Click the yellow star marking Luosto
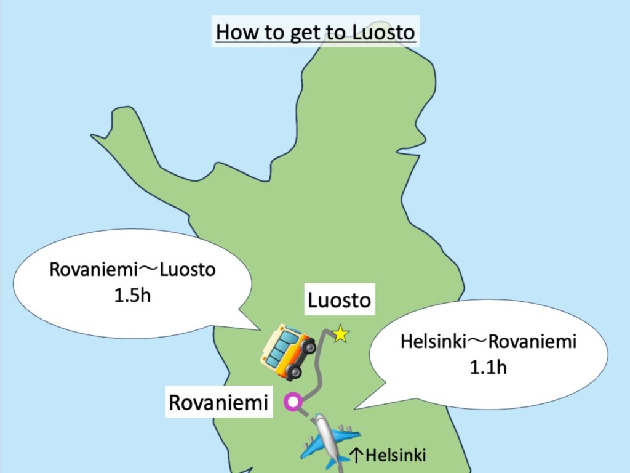click(x=340, y=334)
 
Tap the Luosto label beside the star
click(x=340, y=301)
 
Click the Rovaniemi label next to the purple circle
click(x=219, y=403)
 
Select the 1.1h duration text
click(x=488, y=368)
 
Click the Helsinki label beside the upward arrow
click(x=396, y=456)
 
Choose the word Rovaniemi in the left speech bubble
click(x=89, y=270)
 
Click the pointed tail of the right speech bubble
click(x=359, y=406)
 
